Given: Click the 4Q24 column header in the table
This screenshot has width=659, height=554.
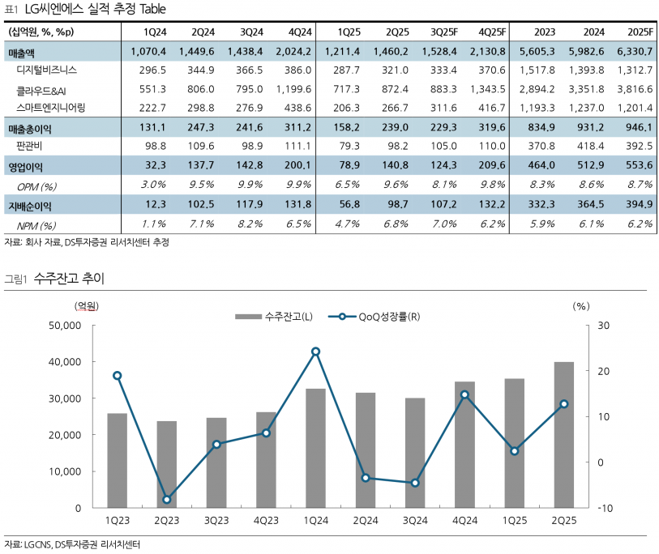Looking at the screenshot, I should click(299, 32).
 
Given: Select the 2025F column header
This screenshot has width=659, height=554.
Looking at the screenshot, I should click(640, 32).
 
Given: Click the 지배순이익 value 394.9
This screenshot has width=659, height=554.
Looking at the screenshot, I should click(639, 203).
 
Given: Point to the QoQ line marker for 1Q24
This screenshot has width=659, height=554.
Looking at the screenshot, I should click(315, 352).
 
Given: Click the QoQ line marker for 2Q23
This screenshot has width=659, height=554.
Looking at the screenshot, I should click(167, 499).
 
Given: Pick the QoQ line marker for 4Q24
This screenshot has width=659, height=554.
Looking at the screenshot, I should click(464, 394).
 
